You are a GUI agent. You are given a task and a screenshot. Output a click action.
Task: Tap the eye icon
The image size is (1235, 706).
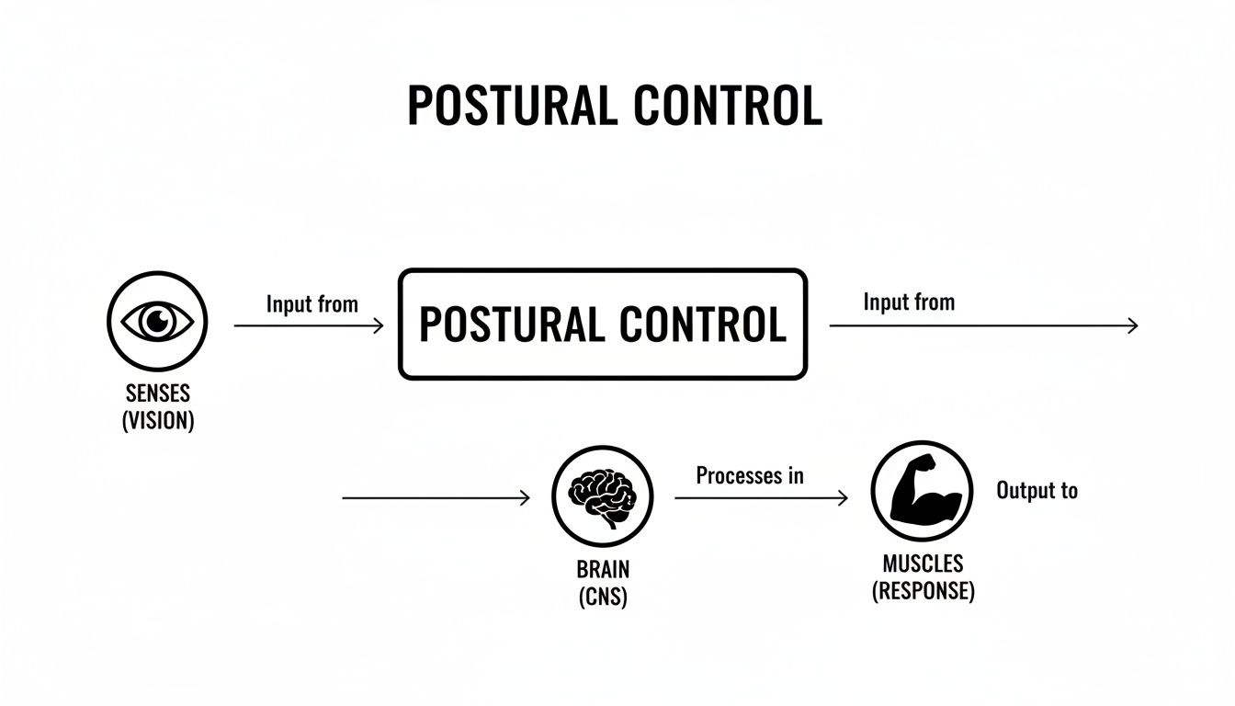pos(157,321)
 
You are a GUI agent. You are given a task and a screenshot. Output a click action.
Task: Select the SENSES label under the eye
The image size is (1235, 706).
pos(157,393)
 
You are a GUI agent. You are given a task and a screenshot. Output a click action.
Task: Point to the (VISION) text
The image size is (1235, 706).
pos(157,422)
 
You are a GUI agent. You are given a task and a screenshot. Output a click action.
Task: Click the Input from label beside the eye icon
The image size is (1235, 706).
pos(312,304)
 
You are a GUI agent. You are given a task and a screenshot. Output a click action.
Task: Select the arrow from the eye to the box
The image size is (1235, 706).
pos(309,325)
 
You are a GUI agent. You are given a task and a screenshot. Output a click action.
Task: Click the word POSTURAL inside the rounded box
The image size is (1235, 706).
pos(512,325)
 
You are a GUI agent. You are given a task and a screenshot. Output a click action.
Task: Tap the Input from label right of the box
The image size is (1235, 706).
pos(908,302)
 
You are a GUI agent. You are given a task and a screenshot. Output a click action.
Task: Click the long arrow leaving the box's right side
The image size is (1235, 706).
pos(983,325)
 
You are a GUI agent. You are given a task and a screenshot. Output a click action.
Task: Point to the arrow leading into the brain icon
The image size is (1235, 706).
pos(436,498)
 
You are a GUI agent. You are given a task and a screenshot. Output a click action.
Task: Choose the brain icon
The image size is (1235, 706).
pos(602,496)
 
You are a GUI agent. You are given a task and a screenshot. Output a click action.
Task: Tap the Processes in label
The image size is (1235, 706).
pos(749,475)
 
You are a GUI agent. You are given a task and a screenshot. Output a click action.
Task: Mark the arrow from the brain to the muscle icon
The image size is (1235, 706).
pos(761,498)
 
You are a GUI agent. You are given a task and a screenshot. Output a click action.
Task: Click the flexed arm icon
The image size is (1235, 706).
pos(921,491)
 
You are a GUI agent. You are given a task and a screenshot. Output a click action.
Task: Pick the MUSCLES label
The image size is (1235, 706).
pos(922,563)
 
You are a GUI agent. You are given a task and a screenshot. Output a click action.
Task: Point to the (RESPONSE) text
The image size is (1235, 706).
pos(922,590)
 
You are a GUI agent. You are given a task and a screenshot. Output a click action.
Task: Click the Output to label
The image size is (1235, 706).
pos(1037,491)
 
